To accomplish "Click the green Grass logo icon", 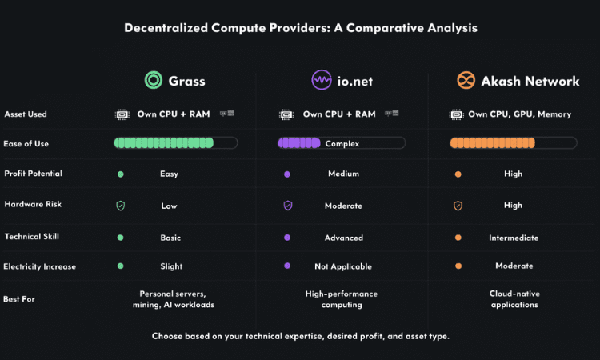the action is click(154, 80).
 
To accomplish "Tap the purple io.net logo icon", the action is click(322, 80).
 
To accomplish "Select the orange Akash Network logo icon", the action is click(466, 80).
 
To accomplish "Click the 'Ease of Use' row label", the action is click(26, 144).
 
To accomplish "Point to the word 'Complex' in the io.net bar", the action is click(342, 144).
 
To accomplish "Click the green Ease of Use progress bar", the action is click(176, 143).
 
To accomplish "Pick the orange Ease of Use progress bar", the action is click(513, 143).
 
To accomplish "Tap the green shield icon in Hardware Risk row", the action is click(121, 206).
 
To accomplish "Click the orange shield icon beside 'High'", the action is click(458, 206).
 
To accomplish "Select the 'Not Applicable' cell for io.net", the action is click(343, 266).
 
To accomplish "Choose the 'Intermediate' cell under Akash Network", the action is click(514, 238).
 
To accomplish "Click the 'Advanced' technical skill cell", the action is click(344, 238).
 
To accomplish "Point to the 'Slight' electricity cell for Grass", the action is click(171, 266).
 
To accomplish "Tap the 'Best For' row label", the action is click(19, 299).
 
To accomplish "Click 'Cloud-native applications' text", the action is click(514, 299).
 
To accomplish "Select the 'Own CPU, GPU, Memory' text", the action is click(520, 114).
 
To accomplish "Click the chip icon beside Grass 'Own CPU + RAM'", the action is click(122, 114).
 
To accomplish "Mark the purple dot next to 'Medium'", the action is click(287, 174).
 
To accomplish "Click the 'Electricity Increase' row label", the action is click(40, 266).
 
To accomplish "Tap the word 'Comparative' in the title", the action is click(386, 28).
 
